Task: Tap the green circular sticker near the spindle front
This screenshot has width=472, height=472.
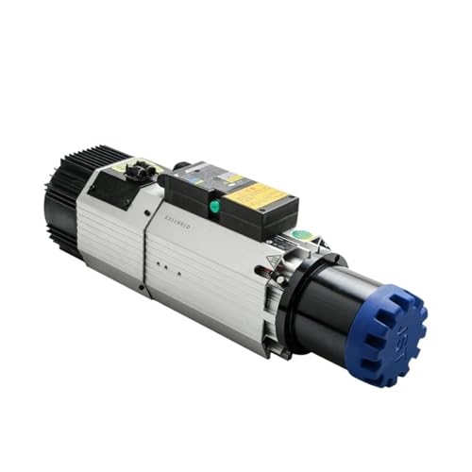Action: click(x=300, y=235)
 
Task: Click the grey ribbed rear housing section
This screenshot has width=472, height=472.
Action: click(x=109, y=236)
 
